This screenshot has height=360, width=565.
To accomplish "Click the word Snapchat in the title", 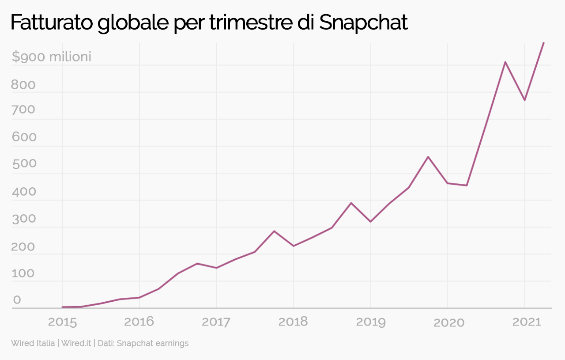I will click(x=363, y=23).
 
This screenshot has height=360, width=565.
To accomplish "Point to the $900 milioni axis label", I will click(x=51, y=57).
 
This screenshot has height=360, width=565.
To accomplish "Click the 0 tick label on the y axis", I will click(x=17, y=299).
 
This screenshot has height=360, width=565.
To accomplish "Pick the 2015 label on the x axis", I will click(x=62, y=322).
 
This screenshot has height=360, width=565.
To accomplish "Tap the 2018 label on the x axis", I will click(x=293, y=322).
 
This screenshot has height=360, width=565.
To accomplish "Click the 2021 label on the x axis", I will click(x=527, y=322).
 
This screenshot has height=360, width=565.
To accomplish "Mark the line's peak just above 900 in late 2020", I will click(x=505, y=62).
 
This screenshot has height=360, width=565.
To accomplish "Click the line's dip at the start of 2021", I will click(x=524, y=100).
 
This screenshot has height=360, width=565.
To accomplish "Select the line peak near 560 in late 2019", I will click(x=428, y=157).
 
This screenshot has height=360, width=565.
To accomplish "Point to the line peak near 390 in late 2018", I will click(x=351, y=203).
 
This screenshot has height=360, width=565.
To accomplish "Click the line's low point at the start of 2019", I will click(x=370, y=221).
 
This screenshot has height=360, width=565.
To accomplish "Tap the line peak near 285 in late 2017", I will click(x=274, y=231).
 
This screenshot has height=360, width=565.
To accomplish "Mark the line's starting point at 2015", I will click(x=62, y=307).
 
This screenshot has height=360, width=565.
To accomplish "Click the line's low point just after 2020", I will click(x=467, y=185).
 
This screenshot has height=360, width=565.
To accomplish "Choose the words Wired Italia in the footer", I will click(x=33, y=343).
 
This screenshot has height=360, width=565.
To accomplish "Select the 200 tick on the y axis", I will click(x=23, y=246).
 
